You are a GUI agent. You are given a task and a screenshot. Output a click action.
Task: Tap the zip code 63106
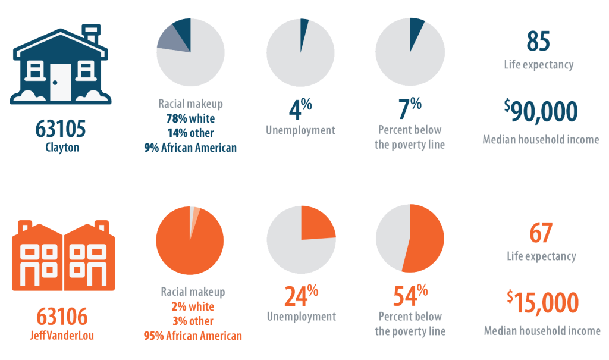[x=62, y=315]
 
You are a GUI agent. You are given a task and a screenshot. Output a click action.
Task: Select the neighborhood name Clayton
[x=62, y=147]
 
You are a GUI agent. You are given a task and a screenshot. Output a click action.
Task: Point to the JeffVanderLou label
[x=62, y=335]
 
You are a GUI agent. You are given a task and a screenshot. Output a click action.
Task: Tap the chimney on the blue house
[x=91, y=33]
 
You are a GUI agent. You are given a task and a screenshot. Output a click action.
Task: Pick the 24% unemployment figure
[x=300, y=296]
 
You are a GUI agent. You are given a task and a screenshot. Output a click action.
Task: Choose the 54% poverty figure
[x=410, y=296]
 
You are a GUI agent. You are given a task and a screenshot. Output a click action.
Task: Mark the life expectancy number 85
[x=538, y=42]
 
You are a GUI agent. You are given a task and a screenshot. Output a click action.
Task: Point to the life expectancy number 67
[x=541, y=233]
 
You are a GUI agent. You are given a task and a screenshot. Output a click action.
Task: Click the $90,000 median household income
[x=541, y=111]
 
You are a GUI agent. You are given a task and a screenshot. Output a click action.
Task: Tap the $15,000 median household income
[x=542, y=302]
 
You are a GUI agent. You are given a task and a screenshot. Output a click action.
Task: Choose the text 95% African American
[x=193, y=336]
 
